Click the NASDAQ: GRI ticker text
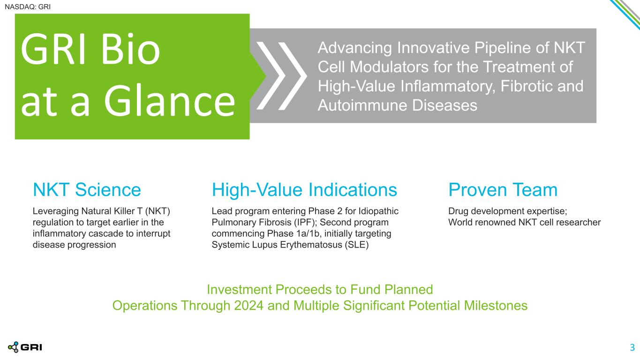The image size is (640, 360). click(x=28, y=7)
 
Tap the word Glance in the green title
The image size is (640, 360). click(x=170, y=101)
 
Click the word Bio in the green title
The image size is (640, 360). click(x=130, y=49)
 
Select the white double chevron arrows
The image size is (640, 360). click(x=281, y=76)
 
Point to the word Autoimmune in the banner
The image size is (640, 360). click(x=362, y=105)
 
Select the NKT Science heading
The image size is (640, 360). click(x=87, y=189)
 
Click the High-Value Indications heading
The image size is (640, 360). click(x=304, y=190)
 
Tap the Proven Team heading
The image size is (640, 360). click(x=503, y=189)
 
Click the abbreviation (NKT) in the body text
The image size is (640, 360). click(x=158, y=211)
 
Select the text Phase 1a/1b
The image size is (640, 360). click(x=293, y=233)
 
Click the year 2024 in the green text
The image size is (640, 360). click(x=248, y=306)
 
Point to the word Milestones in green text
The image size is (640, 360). click(x=496, y=306)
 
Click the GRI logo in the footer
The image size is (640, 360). click(x=25, y=347)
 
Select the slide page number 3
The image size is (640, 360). click(x=632, y=347)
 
